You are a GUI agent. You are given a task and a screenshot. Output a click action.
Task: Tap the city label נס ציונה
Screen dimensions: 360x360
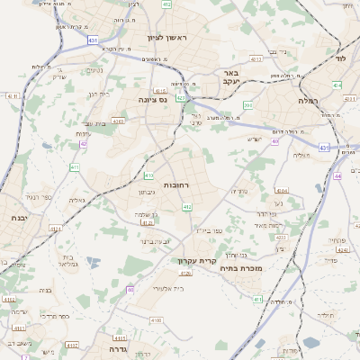click(x=154, y=100)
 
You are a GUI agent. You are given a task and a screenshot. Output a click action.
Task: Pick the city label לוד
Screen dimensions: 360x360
click(x=339, y=58)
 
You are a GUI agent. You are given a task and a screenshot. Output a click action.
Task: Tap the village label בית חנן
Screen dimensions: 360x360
click(x=97, y=94)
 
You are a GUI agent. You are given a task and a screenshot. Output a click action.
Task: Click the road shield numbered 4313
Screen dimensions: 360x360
click(x=255, y=58)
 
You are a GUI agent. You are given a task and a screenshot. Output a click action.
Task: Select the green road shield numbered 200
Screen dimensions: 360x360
click(x=247, y=105)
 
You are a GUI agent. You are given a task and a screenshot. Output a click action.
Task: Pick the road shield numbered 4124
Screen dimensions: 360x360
click(x=56, y=230)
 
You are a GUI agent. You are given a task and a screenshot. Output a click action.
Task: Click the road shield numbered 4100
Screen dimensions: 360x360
click(x=157, y=319)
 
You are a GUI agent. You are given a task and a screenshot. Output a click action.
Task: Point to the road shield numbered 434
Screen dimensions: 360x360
click(x=336, y=85)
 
